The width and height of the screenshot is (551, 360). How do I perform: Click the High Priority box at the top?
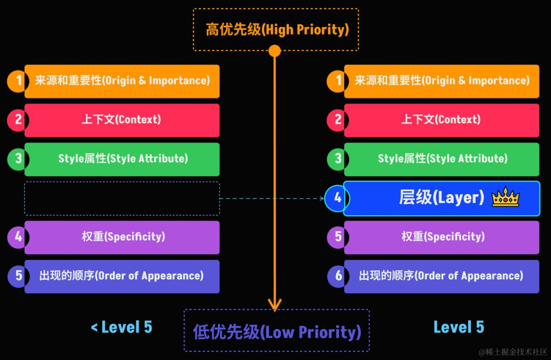click(x=276, y=29)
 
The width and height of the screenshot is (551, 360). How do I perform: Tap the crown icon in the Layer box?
click(x=505, y=197)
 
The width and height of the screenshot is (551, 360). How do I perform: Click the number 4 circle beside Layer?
click(x=337, y=198)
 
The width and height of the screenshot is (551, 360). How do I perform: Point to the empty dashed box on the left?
click(x=122, y=198)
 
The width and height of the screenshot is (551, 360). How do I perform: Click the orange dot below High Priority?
click(x=275, y=51)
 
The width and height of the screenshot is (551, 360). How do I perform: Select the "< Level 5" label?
click(x=121, y=327)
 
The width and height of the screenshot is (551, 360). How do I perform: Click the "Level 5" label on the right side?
click(x=459, y=327)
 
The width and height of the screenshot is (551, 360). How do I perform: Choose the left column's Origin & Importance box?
click(x=122, y=81)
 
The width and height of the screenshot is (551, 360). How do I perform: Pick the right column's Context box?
click(x=441, y=120)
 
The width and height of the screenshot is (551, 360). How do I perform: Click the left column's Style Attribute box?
click(x=122, y=159)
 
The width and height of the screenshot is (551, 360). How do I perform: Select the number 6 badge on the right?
click(x=338, y=276)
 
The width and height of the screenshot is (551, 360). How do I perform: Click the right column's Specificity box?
click(x=441, y=237)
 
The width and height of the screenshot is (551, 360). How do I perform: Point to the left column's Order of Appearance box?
click(x=122, y=276)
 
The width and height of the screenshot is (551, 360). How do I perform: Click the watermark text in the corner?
click(x=512, y=352)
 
